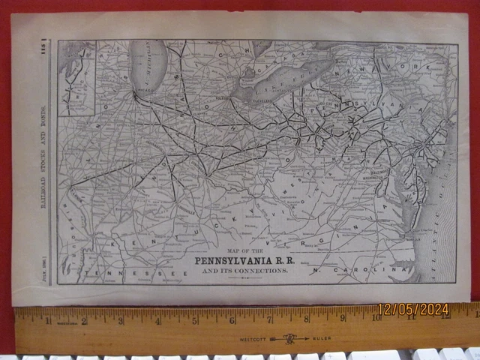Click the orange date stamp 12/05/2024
(414, 309)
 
